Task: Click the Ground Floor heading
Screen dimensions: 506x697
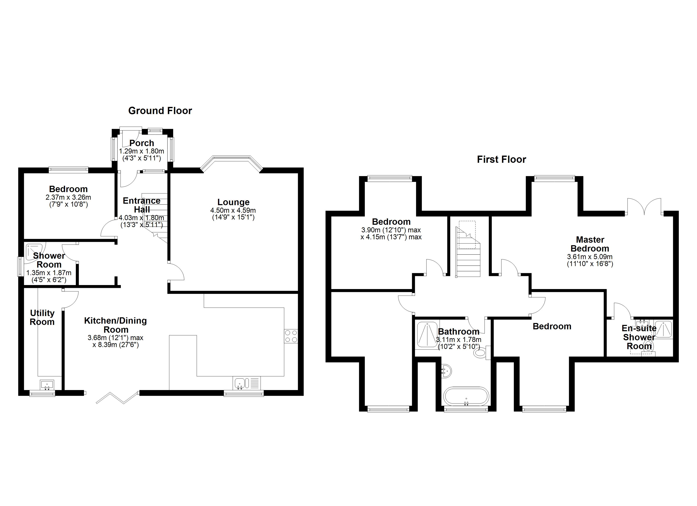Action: pos(160,111)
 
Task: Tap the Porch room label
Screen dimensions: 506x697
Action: pos(142,143)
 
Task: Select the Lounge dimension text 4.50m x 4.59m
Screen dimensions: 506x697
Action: pos(233,210)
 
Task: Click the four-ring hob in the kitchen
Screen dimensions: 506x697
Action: pos(291,336)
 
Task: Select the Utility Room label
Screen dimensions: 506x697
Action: pos(42,317)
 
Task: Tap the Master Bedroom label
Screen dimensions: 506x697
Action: pos(590,244)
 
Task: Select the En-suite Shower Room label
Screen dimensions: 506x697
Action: pos(639,337)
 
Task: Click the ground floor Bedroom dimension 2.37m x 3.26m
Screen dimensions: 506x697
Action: pos(68,197)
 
